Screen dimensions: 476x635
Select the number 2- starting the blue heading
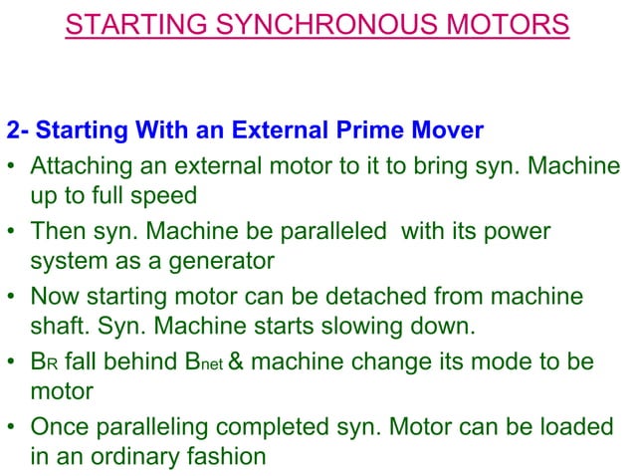tap(17, 132)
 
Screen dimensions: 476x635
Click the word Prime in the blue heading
tap(374, 132)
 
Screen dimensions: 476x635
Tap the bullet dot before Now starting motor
tap(14, 296)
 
